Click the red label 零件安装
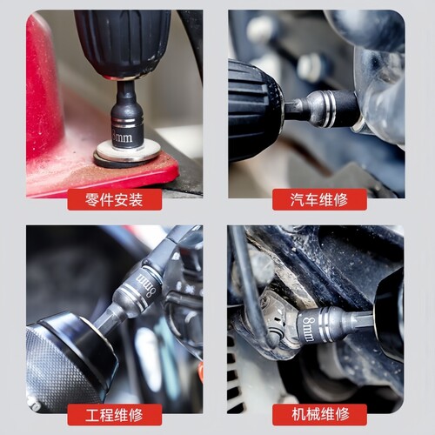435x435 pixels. (115, 199)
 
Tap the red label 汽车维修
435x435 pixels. (319, 199)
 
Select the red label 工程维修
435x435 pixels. (115, 415)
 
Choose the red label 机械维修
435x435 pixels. (319, 415)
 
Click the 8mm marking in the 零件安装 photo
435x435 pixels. (123, 137)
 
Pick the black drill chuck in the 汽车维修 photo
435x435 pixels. (255, 110)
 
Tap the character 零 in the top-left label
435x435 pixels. (92, 200)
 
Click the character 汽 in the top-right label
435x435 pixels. (298, 200)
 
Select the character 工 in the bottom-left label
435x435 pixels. (92, 415)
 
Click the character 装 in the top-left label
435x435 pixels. (136, 200)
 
